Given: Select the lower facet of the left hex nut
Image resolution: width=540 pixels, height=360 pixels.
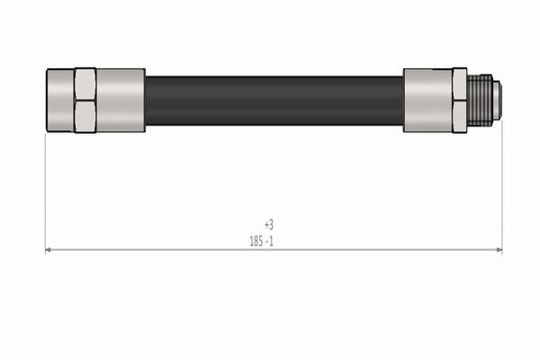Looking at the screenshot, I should click(x=85, y=114).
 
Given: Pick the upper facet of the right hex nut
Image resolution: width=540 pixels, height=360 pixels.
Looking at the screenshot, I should click(x=459, y=85).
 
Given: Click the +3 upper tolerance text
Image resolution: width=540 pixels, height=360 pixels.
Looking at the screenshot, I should click(x=268, y=225).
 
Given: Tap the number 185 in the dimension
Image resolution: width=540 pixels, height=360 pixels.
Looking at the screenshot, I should click(x=256, y=240).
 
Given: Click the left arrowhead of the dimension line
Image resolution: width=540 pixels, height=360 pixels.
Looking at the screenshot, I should click(x=49, y=250).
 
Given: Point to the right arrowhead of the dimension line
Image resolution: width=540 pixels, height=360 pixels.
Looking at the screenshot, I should click(x=498, y=250).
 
